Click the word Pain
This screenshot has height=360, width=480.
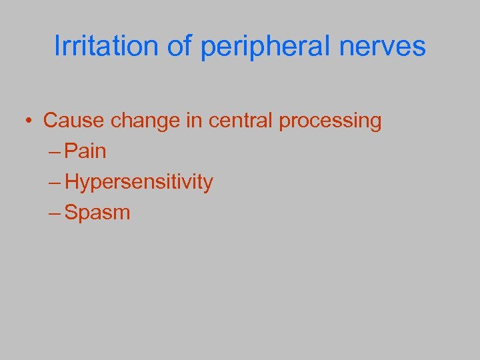click(x=86, y=151)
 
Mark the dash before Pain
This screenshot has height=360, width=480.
click(x=56, y=153)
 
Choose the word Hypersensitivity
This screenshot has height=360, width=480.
click(x=139, y=183)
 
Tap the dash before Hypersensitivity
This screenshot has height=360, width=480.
click(x=56, y=183)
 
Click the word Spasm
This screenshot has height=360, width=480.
click(x=98, y=214)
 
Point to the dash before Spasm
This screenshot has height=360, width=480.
click(x=56, y=214)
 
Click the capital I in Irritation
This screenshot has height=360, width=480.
click(x=57, y=47)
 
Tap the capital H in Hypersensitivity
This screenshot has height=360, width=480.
click(x=72, y=182)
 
